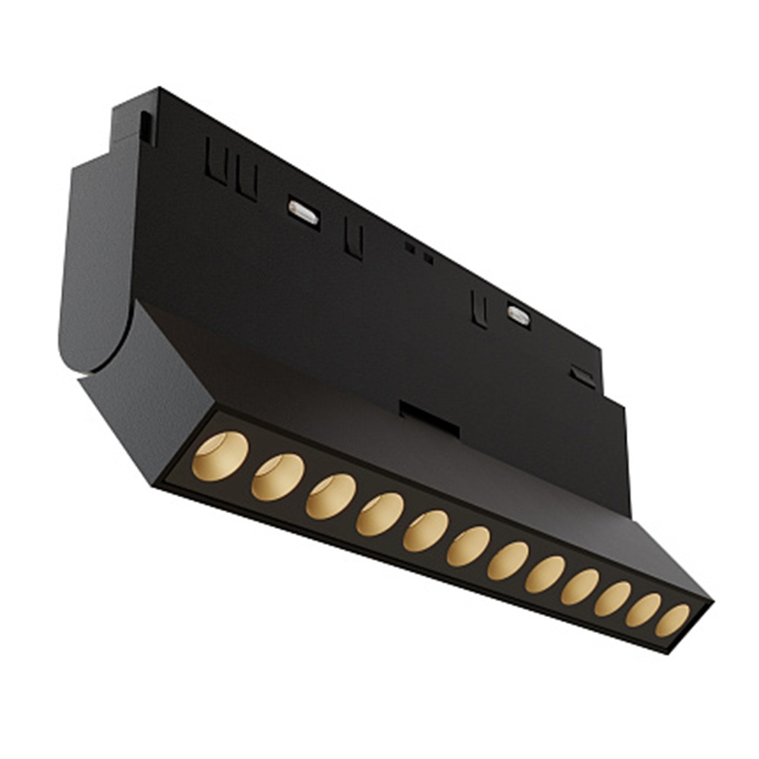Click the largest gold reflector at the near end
[219, 456]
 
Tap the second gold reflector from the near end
[277, 477]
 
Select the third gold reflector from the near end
[330, 496]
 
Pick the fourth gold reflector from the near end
[379, 514]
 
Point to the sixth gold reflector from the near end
[468, 546]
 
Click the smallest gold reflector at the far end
[672, 620]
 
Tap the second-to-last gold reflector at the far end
[643, 609]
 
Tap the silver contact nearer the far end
[518, 315]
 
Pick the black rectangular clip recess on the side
[429, 419]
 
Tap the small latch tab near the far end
[583, 376]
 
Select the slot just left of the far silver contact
[479, 308]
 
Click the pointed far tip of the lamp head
[709, 604]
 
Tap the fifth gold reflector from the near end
[425, 531]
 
